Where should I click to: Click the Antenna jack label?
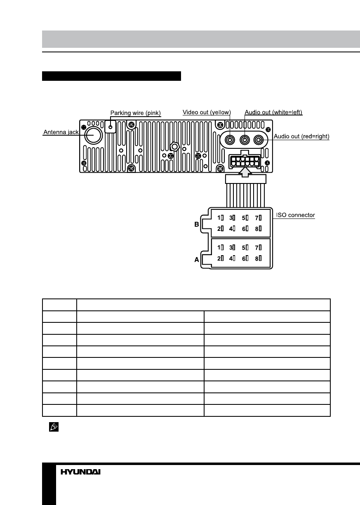[61, 132]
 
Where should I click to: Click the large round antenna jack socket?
[94, 135]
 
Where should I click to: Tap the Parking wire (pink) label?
[136, 113]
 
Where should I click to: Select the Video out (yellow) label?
[207, 112]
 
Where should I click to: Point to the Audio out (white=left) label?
[273, 112]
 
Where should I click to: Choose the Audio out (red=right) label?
[301, 136]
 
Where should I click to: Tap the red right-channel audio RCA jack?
[259, 140]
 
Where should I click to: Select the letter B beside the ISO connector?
[197, 225]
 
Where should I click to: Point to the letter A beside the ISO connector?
[197, 260]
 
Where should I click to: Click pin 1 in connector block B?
[221, 217]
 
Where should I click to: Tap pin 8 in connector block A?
[259, 258]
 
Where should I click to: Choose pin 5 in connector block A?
[245, 248]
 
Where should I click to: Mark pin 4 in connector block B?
[232, 228]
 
